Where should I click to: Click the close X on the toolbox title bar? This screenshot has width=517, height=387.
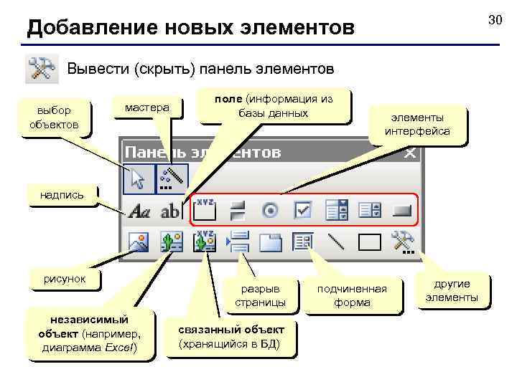click(410, 153)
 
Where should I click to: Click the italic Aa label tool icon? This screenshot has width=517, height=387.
click(139, 211)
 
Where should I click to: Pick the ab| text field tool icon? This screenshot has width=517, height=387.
click(171, 211)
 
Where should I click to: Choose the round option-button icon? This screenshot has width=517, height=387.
click(271, 211)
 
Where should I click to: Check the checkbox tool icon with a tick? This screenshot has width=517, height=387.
click(303, 211)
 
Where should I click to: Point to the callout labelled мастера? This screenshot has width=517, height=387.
click(146, 107)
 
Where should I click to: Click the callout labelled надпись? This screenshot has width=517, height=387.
click(62, 194)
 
